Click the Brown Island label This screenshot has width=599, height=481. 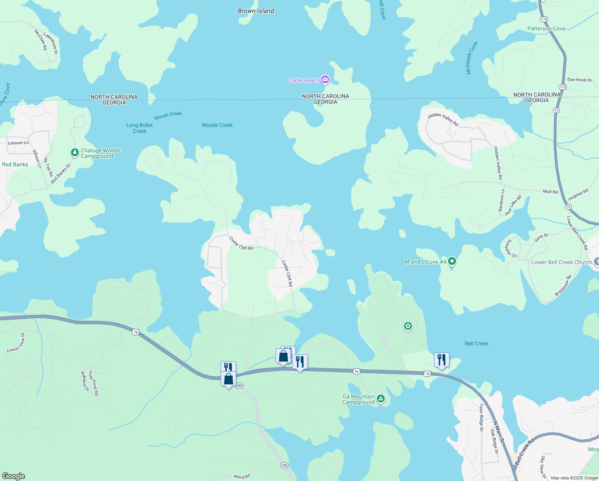(256, 11)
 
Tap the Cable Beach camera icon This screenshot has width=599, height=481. (325, 80)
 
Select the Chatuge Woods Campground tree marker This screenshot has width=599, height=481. (74, 152)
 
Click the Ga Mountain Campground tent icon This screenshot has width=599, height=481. (381, 399)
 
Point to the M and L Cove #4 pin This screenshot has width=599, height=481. (452, 261)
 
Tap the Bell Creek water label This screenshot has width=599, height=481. (476, 344)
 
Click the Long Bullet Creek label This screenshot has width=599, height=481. (139, 128)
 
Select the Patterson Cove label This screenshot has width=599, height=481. (546, 29)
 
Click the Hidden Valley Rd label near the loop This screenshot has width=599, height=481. (443, 119)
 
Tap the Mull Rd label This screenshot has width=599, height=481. (550, 192)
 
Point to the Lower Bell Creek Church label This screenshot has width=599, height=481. (561, 263)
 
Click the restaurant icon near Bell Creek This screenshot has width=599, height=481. (442, 360)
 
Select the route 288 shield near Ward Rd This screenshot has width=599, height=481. (284, 465)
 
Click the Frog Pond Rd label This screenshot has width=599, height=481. (93, 383)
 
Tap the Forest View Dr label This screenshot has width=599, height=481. (16, 343)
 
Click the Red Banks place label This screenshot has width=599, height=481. (15, 165)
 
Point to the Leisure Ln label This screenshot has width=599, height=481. (18, 143)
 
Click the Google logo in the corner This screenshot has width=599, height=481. (14, 476)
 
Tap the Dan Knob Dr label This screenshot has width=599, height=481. (579, 80)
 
